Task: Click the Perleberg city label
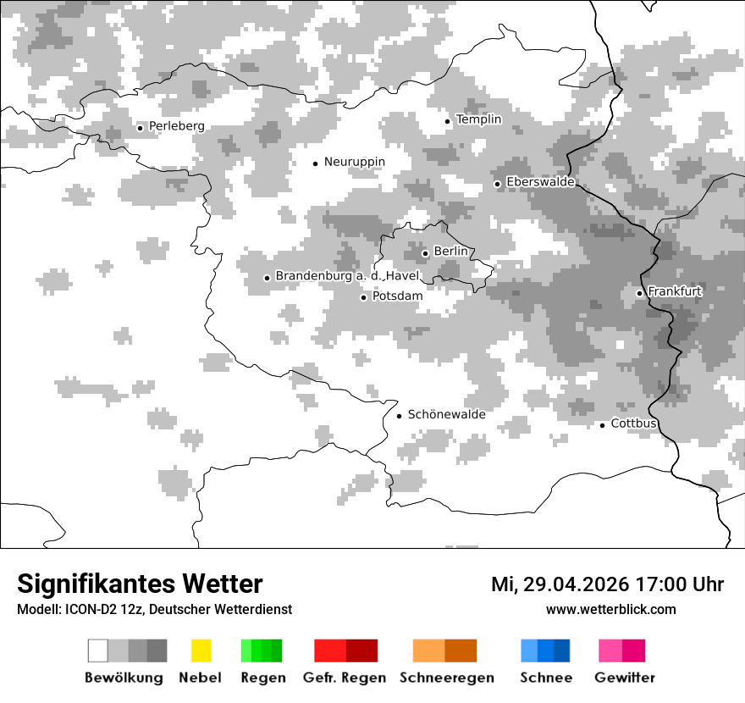176,126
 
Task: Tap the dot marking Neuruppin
315,163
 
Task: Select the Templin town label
478,119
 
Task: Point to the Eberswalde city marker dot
498,184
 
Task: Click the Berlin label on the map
450,252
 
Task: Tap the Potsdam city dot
364,297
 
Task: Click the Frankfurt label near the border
675,291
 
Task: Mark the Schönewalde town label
446,414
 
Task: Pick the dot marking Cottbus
603,425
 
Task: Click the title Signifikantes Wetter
140,584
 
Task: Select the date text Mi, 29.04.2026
559,584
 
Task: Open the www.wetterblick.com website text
610,609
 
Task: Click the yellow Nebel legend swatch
201,650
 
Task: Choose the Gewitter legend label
625,678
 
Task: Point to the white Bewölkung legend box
98,650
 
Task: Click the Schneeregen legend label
447,678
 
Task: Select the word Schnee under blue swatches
545,678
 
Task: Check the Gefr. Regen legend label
344,678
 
